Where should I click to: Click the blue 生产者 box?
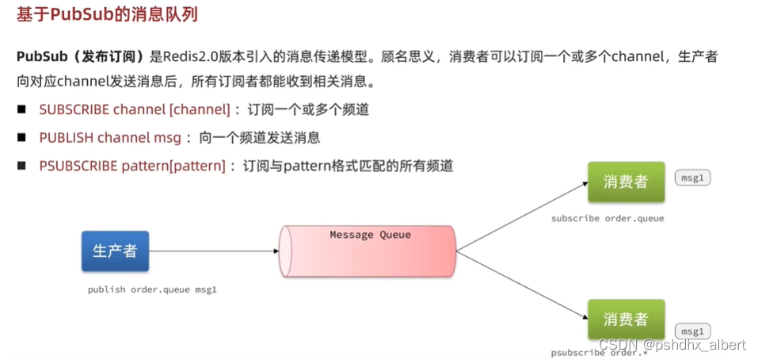[115, 251]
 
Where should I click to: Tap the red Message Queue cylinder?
[368, 251]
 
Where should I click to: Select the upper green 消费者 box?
[626, 182]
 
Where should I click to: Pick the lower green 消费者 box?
[626, 319]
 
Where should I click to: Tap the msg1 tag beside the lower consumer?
[692, 331]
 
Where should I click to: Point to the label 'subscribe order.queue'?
[608, 218]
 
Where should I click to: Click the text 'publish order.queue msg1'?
[152, 290]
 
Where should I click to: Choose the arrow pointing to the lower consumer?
[523, 284]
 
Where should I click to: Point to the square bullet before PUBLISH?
[22, 137]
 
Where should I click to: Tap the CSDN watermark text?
[672, 345]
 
